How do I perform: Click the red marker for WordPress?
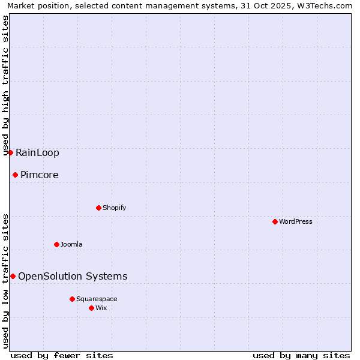(x=275, y=221)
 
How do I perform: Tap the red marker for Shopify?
(x=98, y=208)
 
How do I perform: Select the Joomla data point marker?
(x=56, y=244)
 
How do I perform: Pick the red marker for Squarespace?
(x=72, y=299)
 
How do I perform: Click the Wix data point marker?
(x=91, y=308)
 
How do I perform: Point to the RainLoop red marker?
(x=10, y=152)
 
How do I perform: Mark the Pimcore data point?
(x=15, y=175)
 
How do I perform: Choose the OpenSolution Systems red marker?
(x=13, y=276)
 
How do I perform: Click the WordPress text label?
(x=296, y=221)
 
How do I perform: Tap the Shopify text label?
(x=114, y=208)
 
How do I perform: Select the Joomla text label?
(x=71, y=244)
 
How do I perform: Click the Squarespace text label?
(x=97, y=299)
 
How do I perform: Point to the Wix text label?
(x=101, y=308)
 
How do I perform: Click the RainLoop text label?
(x=37, y=152)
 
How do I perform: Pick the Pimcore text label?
(x=39, y=175)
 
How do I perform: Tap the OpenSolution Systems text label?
(x=73, y=276)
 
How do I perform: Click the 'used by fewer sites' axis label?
(x=62, y=355)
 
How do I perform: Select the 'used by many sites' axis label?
(x=301, y=355)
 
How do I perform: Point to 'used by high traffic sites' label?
(x=5, y=86)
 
